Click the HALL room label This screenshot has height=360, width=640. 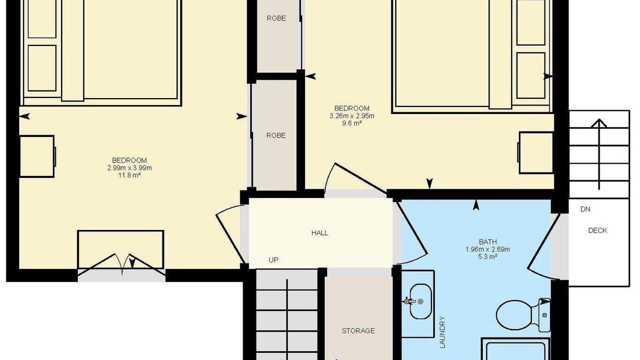tap(319, 233)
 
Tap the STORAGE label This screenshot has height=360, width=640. tap(358, 330)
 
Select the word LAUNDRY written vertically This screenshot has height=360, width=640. tap(442, 332)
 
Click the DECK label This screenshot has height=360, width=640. tap(597, 230)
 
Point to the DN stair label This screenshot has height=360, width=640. tap(585, 209)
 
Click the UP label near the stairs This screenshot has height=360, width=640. tap(273, 259)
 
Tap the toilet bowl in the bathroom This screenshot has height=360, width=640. tap(514, 314)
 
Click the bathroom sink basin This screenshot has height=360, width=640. tap(420, 301)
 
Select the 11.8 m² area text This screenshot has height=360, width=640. tap(129, 175)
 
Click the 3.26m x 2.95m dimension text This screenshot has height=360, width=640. tap(351, 115)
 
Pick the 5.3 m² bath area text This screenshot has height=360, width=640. tap(487, 256)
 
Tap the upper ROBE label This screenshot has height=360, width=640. tap(276, 18)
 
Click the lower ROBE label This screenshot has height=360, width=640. tap(275, 135)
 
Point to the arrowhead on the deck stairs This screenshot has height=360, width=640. tap(599, 123)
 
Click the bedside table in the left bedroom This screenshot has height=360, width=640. tap(37, 156)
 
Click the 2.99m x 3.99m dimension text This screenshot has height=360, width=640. tap(129, 167)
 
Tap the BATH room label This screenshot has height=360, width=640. tap(487, 241)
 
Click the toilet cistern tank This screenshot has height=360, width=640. tap(544, 315)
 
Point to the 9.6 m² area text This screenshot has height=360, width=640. tap(352, 123)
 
